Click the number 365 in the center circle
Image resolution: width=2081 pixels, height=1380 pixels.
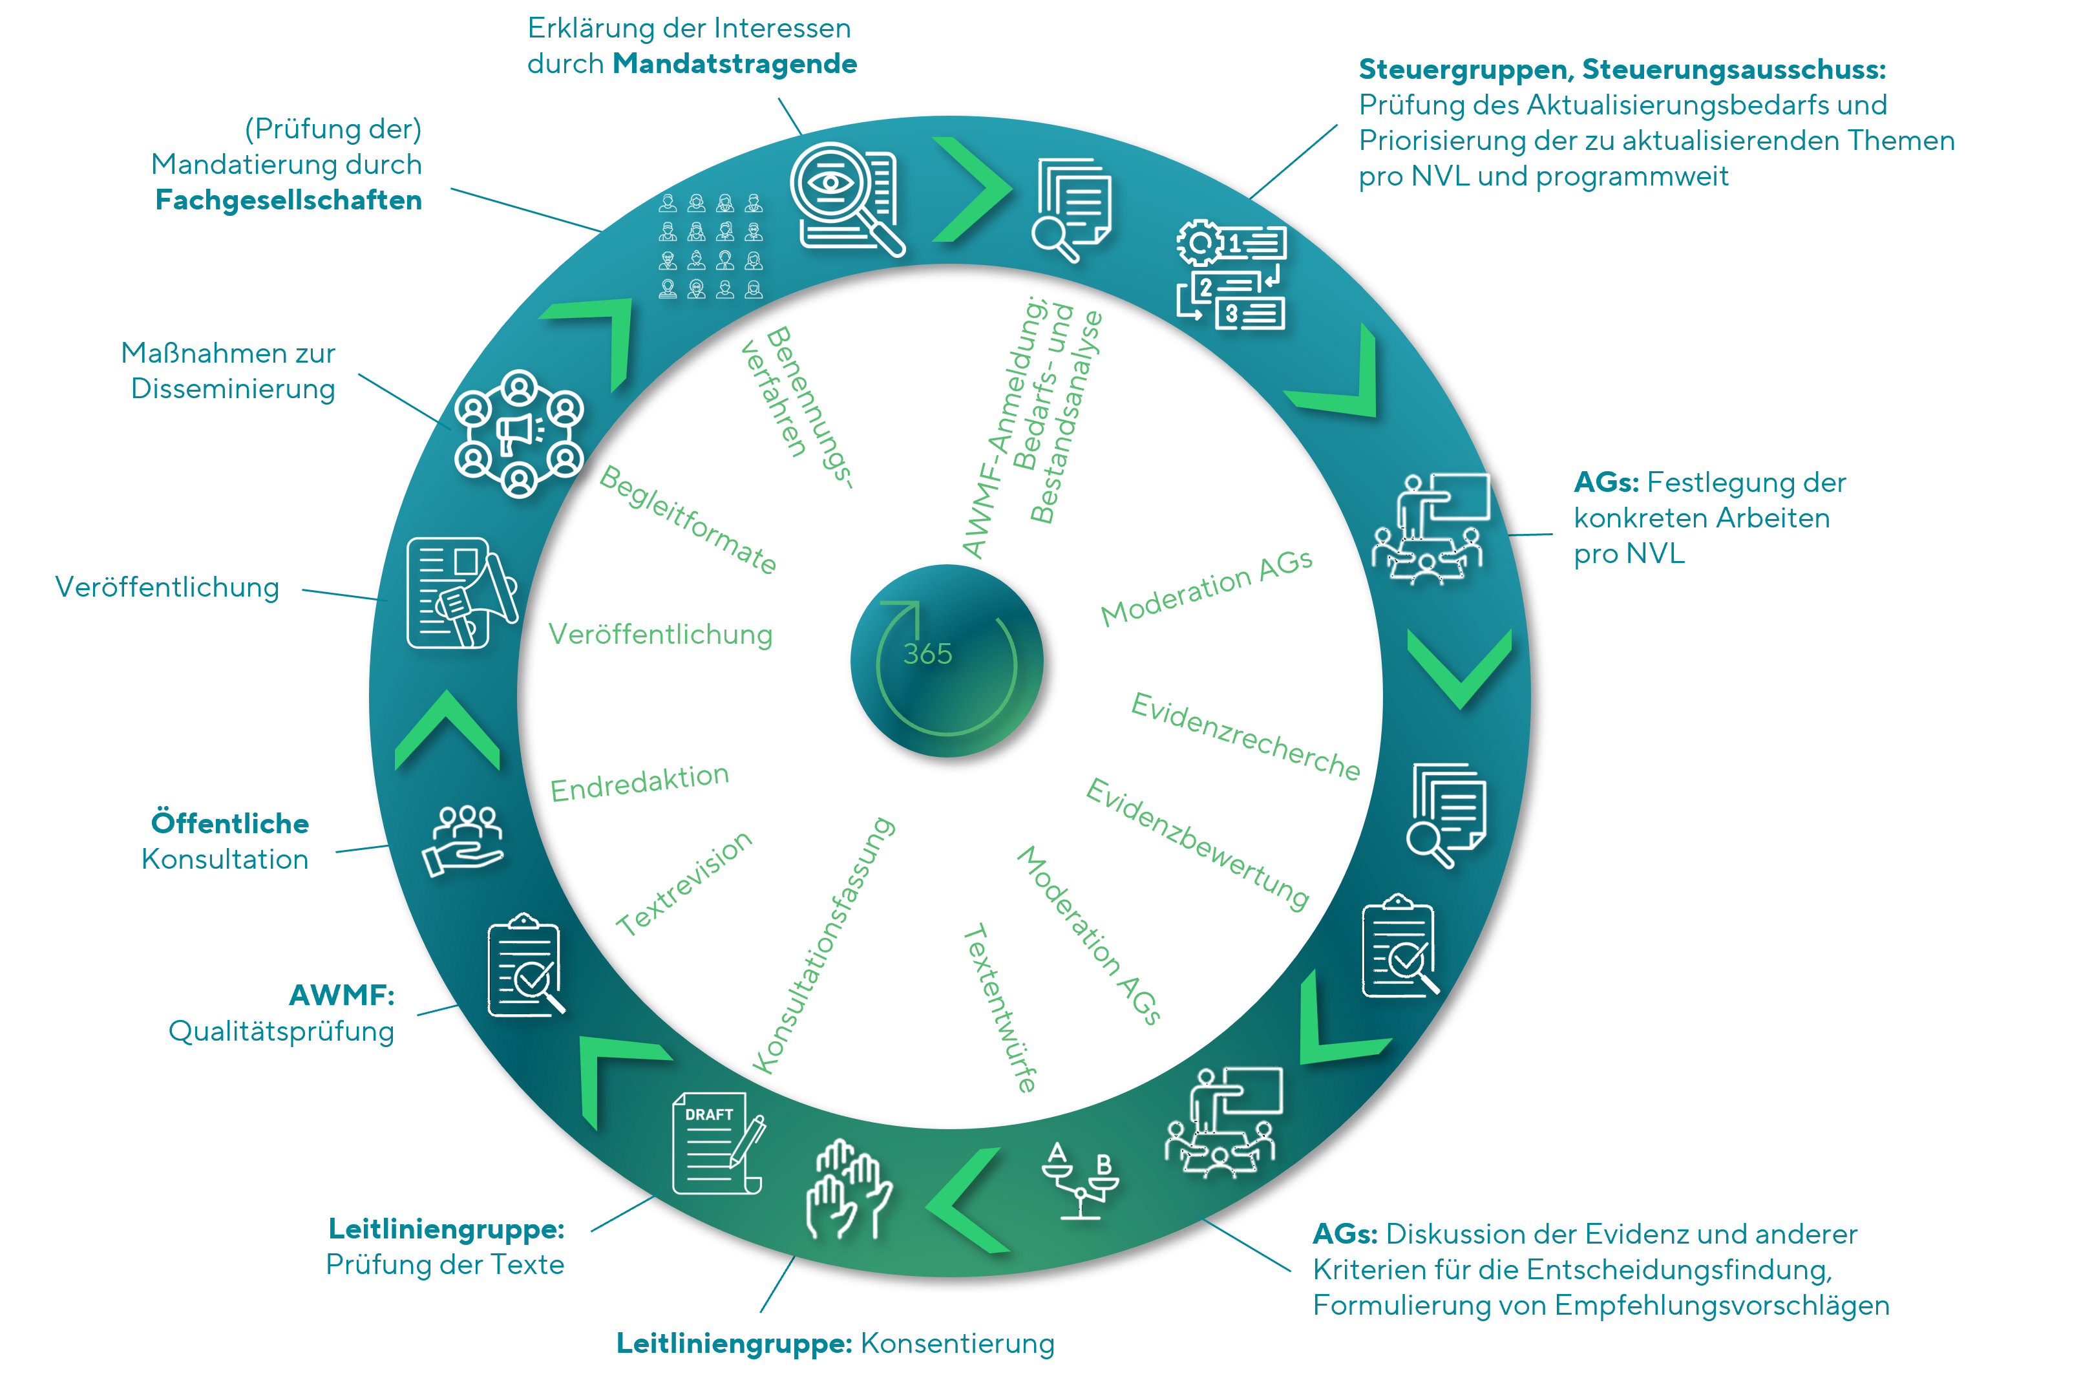tap(927, 654)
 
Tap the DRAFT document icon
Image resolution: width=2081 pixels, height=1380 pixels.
tap(718, 1142)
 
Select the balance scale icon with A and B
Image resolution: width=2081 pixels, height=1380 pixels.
tap(1080, 1180)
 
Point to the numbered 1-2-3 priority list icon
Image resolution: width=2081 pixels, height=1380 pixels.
tap(1232, 275)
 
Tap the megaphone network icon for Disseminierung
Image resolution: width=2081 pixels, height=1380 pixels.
tap(519, 433)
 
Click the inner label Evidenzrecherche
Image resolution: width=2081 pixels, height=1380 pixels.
tap(1245, 736)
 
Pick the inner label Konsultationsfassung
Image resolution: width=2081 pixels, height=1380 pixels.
tap(823, 944)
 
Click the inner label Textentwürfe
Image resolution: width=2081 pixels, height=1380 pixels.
tap(1000, 1008)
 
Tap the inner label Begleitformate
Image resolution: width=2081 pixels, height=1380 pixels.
tap(688, 519)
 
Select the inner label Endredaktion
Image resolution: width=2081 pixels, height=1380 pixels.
tap(640, 782)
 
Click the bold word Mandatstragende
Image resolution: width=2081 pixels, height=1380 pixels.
tap(735, 63)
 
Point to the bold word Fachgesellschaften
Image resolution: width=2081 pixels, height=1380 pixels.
tap(289, 200)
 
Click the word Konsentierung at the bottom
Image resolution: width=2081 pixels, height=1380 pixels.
tap(957, 1343)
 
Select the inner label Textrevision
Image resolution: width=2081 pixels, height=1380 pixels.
tap(684, 883)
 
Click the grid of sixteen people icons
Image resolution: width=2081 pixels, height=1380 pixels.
tap(711, 246)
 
